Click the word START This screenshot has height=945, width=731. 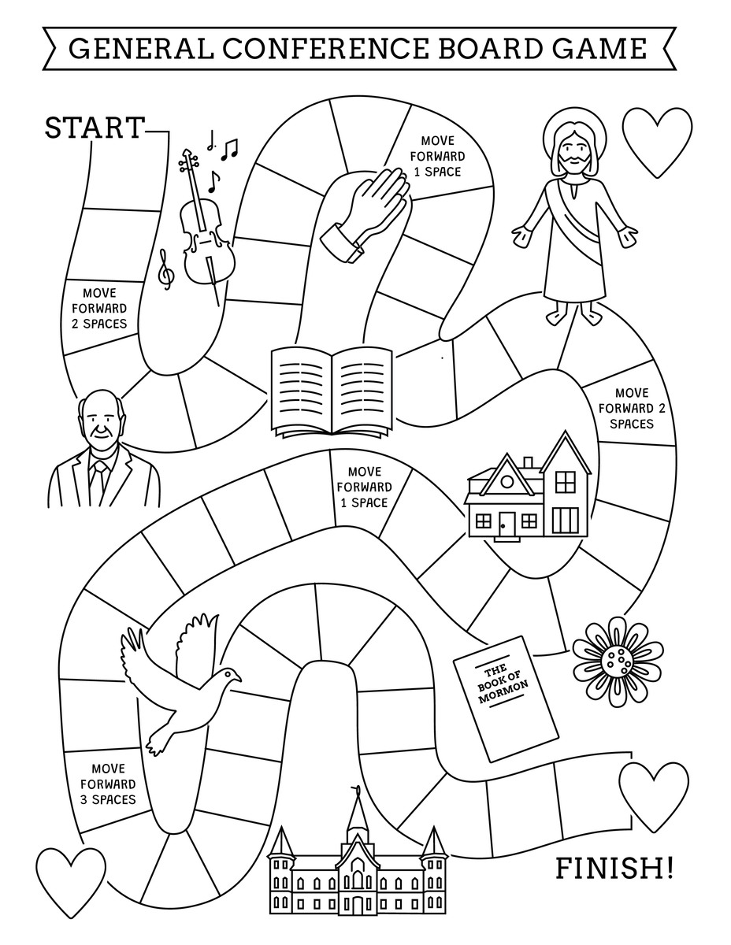click(95, 128)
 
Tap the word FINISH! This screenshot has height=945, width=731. click(614, 869)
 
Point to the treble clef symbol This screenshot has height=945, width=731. click(166, 268)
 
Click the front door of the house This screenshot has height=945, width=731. click(506, 523)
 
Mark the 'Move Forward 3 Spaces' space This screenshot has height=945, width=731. click(108, 784)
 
